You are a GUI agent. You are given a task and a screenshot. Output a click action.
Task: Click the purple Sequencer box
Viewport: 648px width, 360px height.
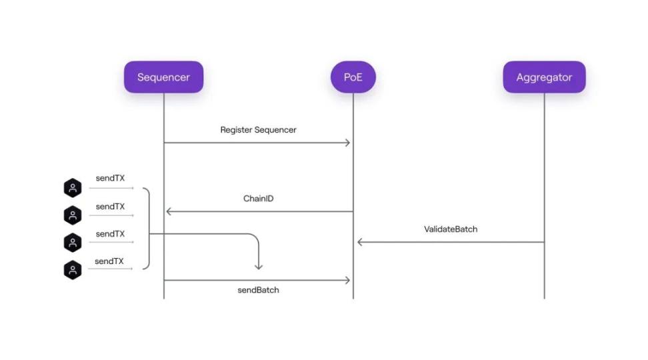tap(163, 77)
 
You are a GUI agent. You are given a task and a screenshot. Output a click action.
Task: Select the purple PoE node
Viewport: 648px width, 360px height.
tap(353, 77)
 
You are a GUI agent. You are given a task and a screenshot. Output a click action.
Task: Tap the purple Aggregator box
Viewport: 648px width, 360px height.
tap(544, 77)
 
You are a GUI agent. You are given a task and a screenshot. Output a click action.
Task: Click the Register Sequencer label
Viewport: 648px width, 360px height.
tap(258, 130)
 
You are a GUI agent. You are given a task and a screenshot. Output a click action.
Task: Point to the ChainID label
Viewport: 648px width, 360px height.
tap(258, 199)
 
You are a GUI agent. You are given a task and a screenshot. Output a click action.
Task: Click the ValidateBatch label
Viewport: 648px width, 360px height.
tap(451, 229)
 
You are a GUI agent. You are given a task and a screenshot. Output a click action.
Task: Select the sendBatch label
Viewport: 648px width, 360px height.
tap(258, 290)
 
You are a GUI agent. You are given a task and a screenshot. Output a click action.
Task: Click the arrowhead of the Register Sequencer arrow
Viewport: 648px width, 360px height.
tap(347, 143)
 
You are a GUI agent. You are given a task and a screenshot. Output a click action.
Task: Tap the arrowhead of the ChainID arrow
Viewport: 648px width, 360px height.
tap(169, 211)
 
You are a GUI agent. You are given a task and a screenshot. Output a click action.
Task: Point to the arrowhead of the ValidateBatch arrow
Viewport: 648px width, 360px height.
tap(360, 242)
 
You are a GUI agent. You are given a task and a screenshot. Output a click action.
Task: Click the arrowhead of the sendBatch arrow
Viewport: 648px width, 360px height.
tap(347, 280)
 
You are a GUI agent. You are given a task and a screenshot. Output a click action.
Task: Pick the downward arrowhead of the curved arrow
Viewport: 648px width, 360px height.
tap(259, 267)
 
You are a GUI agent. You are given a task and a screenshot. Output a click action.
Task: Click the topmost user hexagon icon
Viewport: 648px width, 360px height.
tap(73, 188)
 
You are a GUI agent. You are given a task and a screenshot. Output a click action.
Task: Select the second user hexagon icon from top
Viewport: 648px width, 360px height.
tap(73, 215)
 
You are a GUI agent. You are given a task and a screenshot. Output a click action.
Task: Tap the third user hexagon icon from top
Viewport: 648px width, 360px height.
tap(73, 243)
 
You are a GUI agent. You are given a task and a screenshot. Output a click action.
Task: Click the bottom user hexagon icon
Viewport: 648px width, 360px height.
tap(73, 270)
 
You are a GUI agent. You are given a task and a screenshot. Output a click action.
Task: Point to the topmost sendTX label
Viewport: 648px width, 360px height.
tap(111, 178)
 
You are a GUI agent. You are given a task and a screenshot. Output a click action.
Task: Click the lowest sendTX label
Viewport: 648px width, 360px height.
tap(109, 261)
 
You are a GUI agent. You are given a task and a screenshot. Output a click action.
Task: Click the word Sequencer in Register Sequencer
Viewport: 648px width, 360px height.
tap(275, 130)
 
